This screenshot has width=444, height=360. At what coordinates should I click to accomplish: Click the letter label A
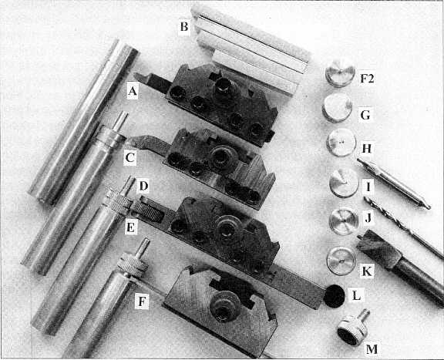coord(133,91)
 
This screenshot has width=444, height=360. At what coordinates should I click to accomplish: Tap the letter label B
coord(184,27)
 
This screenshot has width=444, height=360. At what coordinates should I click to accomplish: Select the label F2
coord(367,78)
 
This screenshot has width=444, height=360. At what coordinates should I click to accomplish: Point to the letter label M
coord(372,349)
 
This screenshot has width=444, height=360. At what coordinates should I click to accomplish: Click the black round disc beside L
coord(335,296)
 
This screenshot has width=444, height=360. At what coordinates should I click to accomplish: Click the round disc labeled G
coord(338,108)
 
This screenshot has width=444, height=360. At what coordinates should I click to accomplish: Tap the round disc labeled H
coord(341,142)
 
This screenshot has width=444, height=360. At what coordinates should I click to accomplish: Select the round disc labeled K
coord(341,261)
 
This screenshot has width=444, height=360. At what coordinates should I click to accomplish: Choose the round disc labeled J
coord(344,221)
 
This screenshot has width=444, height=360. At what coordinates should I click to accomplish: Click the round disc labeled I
coord(345,183)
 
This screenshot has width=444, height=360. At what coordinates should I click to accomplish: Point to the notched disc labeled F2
coord(340,73)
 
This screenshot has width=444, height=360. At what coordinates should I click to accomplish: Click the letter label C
coord(129,157)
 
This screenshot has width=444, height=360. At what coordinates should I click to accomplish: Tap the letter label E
coord(131,227)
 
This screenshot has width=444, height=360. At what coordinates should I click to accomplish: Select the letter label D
coord(143,187)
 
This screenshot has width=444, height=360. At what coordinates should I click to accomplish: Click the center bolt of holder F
coord(224,307)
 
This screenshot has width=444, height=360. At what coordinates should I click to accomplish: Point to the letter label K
coord(367,271)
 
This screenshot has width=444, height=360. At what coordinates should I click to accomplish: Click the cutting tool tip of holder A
coord(136,75)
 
